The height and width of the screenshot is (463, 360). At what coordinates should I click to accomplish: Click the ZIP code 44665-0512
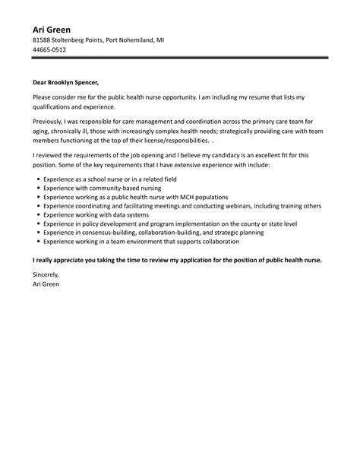49,49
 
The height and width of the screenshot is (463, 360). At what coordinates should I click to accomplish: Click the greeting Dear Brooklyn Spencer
66,83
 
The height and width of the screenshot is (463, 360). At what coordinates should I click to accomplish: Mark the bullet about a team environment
141,241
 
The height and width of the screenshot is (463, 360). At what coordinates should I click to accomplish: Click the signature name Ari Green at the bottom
46,284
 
